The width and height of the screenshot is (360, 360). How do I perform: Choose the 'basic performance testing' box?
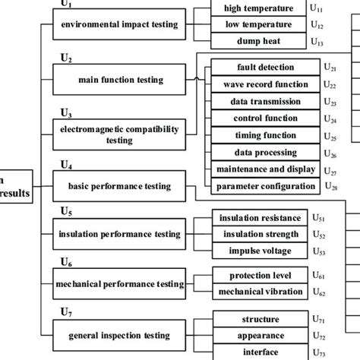(118, 185)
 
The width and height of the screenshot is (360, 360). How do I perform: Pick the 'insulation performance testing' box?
(118, 233)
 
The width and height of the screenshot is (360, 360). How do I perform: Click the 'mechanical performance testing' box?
(118, 283)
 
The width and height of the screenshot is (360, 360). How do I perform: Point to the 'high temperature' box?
(258, 8)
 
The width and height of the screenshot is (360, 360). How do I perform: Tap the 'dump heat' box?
(258, 42)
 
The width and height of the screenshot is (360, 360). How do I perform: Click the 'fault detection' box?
(261, 68)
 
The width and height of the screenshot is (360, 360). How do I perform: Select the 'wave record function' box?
(261, 84)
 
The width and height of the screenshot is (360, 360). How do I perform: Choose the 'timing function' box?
(261, 135)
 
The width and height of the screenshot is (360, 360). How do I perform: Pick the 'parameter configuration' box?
(261, 186)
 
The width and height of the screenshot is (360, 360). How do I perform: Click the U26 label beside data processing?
(330, 154)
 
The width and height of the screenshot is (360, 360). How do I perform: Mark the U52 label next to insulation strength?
(321, 235)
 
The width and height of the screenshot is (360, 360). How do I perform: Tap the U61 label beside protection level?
(321, 276)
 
